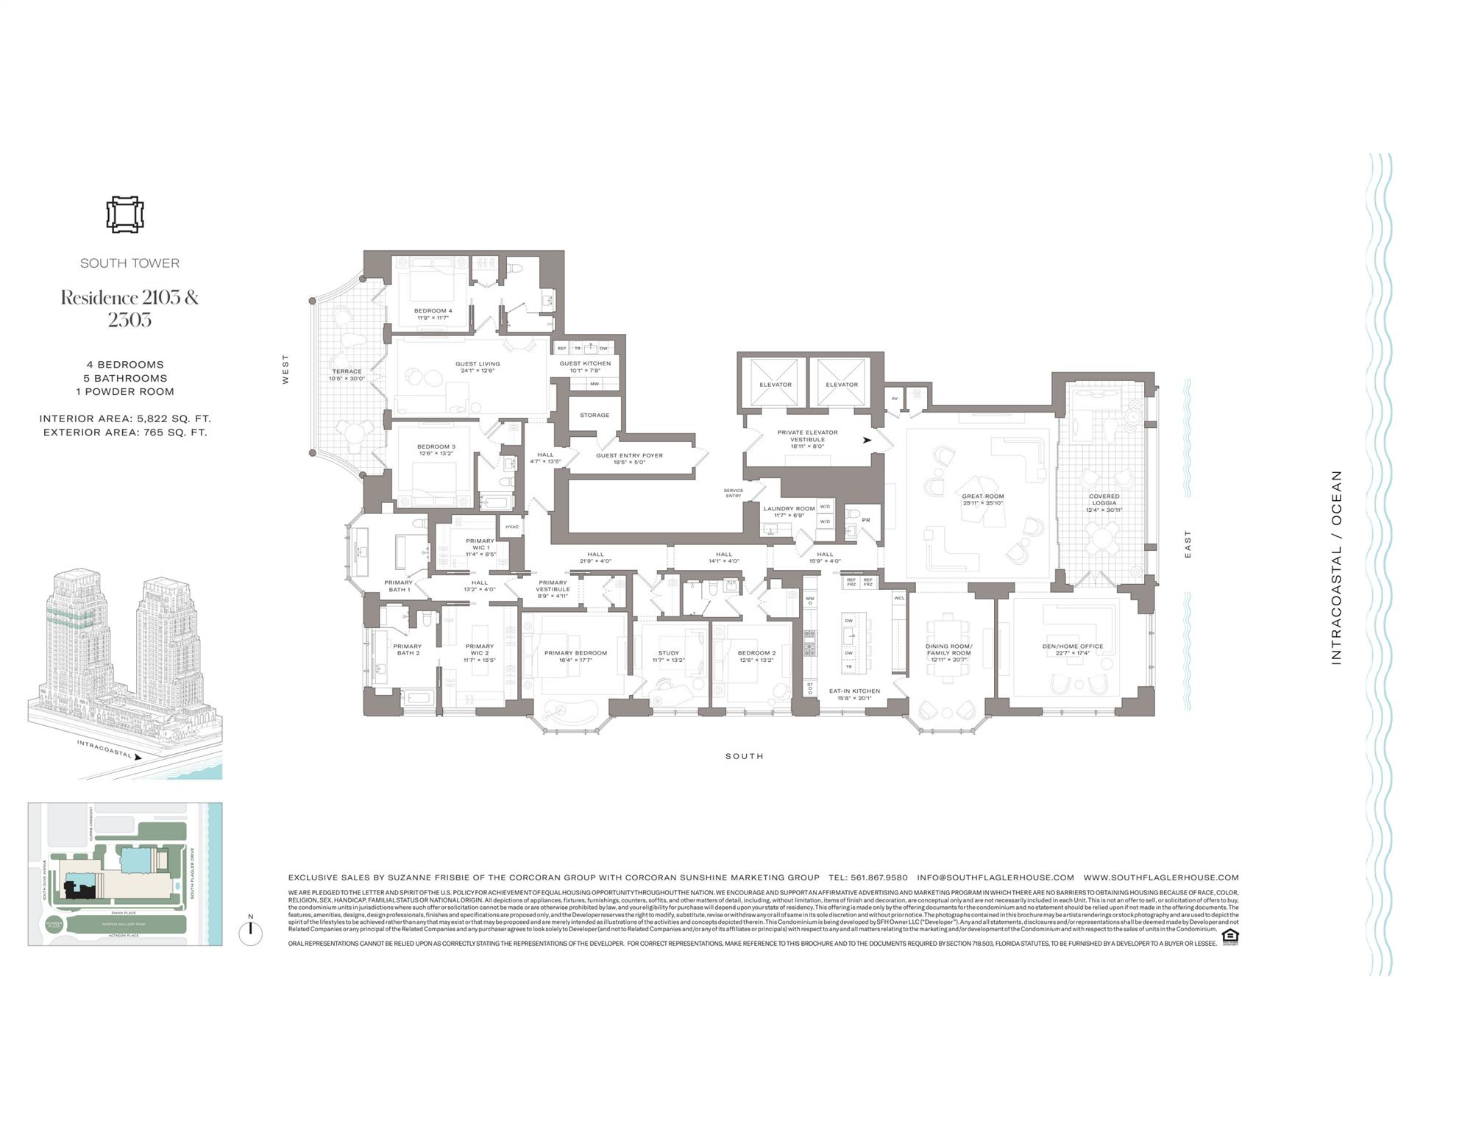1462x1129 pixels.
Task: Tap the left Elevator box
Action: [x=775, y=384]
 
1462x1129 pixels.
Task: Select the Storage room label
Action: [x=594, y=415]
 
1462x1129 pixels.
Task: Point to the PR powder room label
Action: [x=865, y=520]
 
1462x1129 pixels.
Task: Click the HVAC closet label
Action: [x=511, y=527]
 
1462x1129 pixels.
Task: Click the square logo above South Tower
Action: [x=124, y=215]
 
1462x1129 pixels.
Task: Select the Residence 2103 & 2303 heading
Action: [x=129, y=308]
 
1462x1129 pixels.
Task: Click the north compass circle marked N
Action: [x=250, y=932]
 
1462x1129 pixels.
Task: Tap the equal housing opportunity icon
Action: [x=1229, y=936]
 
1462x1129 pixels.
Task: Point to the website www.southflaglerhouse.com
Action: [x=1160, y=877]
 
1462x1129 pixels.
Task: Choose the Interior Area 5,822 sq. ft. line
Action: [x=125, y=419]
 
